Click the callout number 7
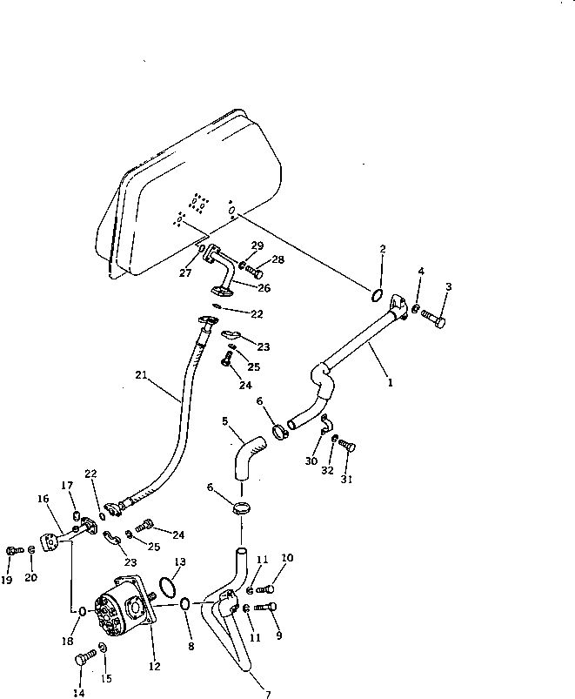268,694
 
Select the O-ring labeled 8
186,602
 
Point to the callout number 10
287,558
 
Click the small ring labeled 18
82,611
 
